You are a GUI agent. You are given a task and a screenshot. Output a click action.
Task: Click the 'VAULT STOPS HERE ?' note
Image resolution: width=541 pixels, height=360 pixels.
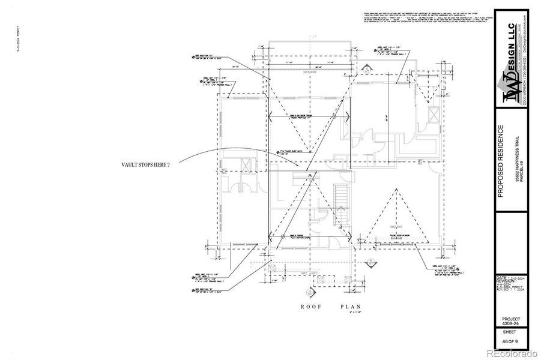[145, 164]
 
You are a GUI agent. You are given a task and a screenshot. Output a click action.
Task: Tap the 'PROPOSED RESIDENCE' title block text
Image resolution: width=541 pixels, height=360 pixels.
[500, 161]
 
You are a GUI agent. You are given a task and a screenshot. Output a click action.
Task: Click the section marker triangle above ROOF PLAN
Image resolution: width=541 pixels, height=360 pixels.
[310, 292]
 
